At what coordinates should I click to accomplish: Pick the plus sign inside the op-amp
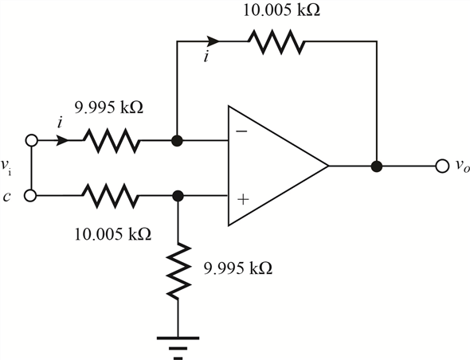coord(240,200)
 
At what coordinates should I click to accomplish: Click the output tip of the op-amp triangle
coord(327,166)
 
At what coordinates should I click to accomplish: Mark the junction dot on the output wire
coord(377,166)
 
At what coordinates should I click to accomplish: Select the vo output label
coord(458,167)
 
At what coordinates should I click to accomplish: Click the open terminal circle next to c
coord(31,194)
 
